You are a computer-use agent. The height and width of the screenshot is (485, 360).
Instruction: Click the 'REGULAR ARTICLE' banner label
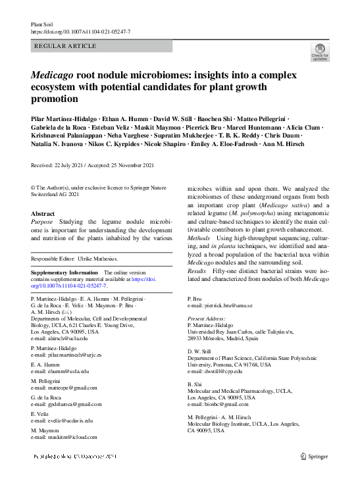tap(64, 46)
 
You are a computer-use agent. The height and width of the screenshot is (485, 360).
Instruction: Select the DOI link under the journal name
tap(81, 32)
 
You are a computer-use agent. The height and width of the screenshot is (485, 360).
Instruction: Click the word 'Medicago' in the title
tap(53, 76)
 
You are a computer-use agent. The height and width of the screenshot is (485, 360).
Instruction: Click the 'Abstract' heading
tap(43, 214)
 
